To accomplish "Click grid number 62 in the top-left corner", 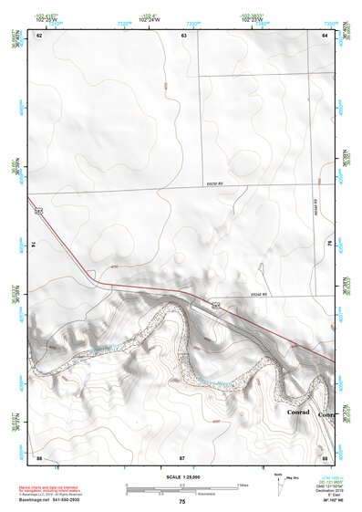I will tap(39, 35).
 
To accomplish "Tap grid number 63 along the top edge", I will tap(184, 35).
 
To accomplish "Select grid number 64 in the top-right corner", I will tap(325, 35).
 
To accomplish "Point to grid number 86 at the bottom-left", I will tap(39, 455).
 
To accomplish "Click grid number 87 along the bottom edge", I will tap(182, 455).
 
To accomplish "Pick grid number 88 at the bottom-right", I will tap(325, 455).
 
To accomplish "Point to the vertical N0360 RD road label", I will tap(315, 207).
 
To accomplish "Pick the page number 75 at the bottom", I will tap(182, 502).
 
